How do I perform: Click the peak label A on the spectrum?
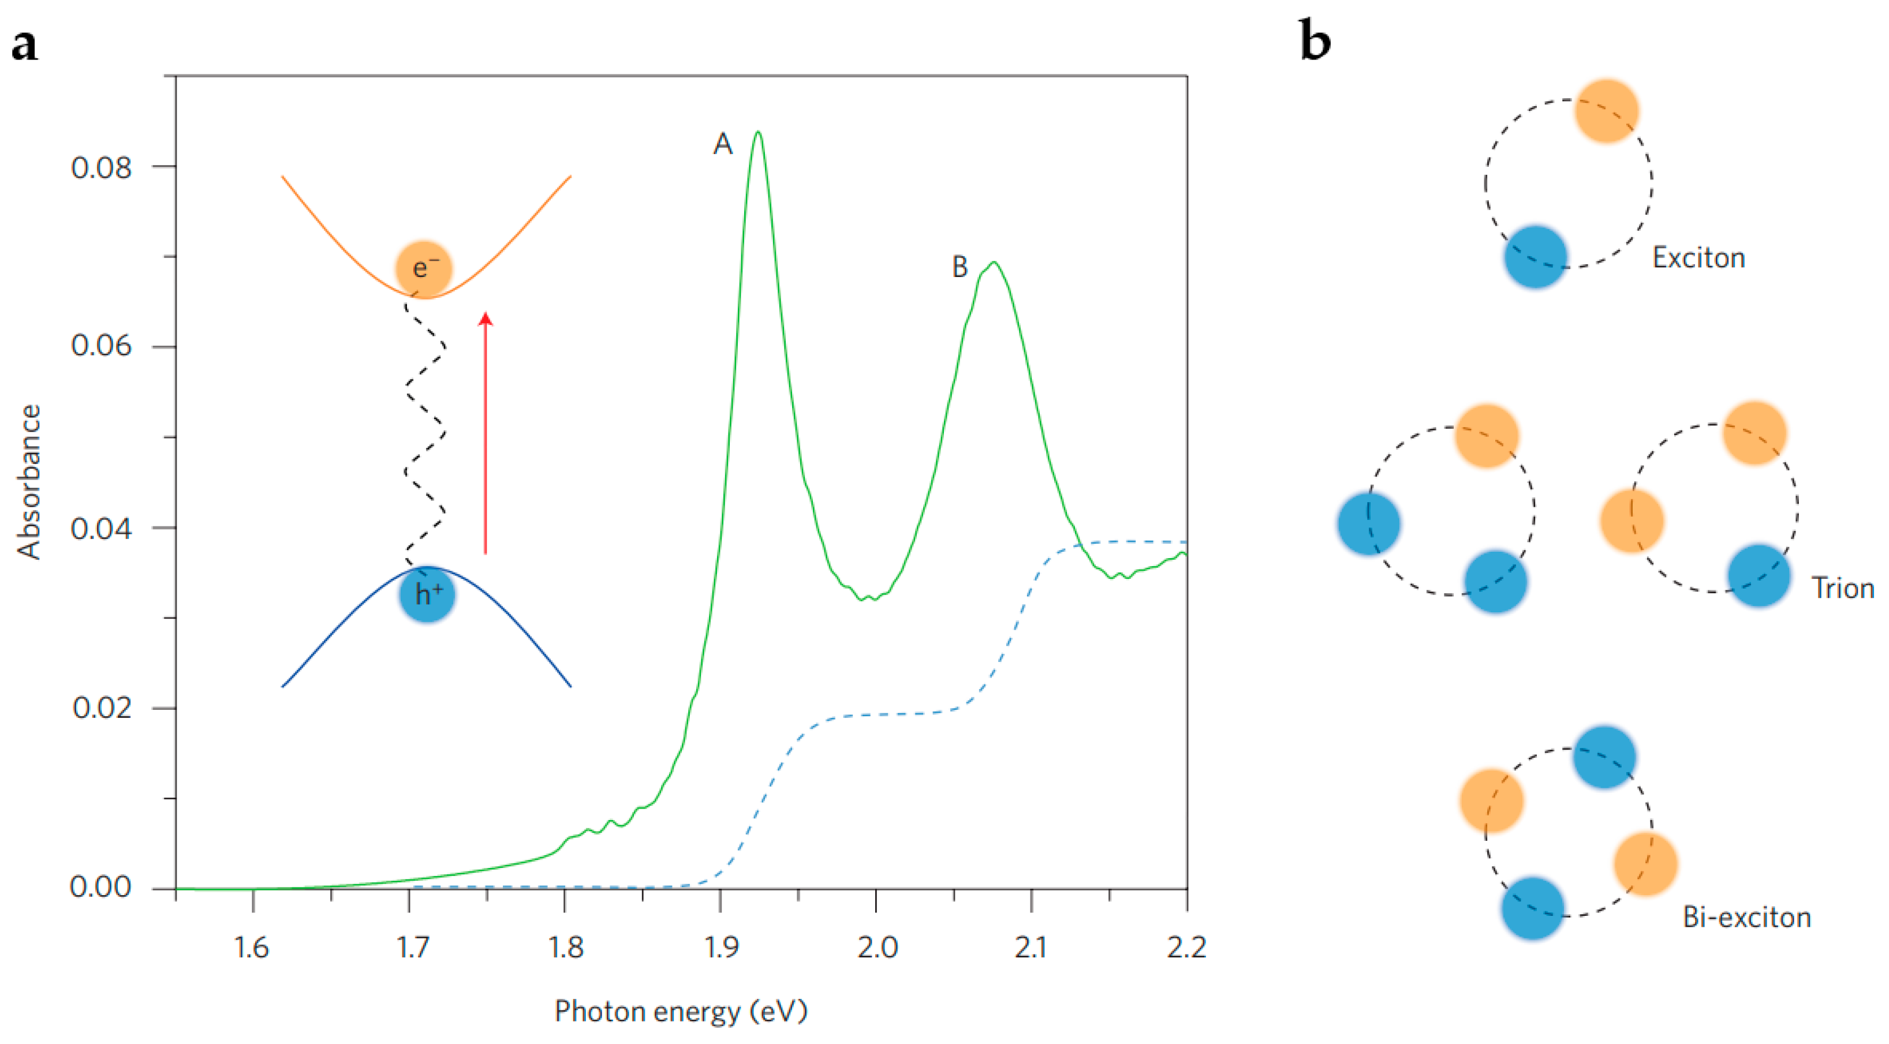tap(722, 144)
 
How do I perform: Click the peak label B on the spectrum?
tap(959, 267)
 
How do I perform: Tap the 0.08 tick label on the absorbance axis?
tap(101, 168)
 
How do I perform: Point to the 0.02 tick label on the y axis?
tap(102, 708)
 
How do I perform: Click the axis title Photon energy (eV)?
tap(681, 1011)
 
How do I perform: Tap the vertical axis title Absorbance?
tap(29, 482)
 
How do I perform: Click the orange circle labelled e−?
tap(424, 268)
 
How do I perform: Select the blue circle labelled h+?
tap(428, 594)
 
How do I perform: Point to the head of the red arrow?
tap(485, 317)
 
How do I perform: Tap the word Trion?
tap(1842, 589)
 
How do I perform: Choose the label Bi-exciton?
tap(1746, 918)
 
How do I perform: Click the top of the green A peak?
tap(757, 133)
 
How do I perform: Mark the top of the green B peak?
tap(994, 262)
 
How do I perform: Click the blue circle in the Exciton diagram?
tap(1536, 257)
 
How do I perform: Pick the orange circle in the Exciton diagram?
tap(1606, 111)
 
